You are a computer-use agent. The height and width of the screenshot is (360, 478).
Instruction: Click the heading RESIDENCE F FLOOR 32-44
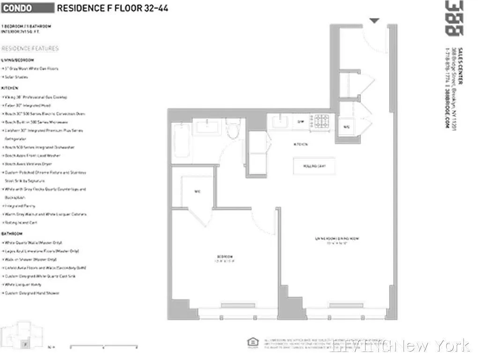[x=112, y=8]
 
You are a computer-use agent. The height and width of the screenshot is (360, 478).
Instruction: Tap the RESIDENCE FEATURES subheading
[x=30, y=48]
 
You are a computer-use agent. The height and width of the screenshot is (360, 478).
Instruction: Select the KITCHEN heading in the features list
[x=10, y=88]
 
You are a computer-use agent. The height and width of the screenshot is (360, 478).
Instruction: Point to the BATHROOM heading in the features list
[x=13, y=233]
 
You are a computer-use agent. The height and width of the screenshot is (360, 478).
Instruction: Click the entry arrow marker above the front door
[x=374, y=21]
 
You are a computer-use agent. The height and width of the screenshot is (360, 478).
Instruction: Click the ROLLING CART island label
[x=314, y=166]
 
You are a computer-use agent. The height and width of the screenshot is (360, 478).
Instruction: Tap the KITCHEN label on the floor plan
[x=300, y=144]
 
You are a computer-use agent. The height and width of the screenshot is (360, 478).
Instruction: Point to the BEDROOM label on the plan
[x=225, y=257]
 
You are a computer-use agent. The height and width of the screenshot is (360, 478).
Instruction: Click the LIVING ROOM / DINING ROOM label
[x=337, y=240]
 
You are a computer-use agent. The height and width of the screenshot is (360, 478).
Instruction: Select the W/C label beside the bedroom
[x=197, y=192]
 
